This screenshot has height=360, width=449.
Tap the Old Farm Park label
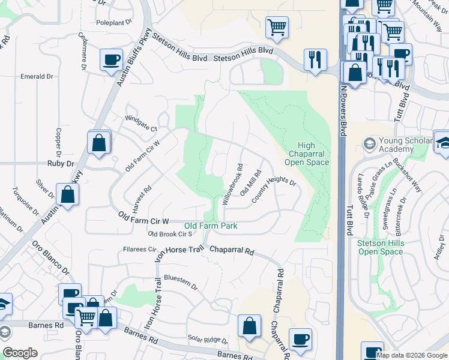pos(210,226)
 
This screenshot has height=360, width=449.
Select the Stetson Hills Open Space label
pos(380,247)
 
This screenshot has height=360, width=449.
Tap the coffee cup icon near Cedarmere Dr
pos(112,60)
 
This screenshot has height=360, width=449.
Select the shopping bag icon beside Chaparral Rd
pos(249,326)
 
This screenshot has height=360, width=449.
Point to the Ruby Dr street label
pos(60,163)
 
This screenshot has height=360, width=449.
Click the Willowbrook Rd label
pos(232,185)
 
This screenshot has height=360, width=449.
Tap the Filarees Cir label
pos(139,249)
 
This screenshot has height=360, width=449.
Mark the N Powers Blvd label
pos(343,108)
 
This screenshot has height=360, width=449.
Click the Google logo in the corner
pos(20,353)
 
